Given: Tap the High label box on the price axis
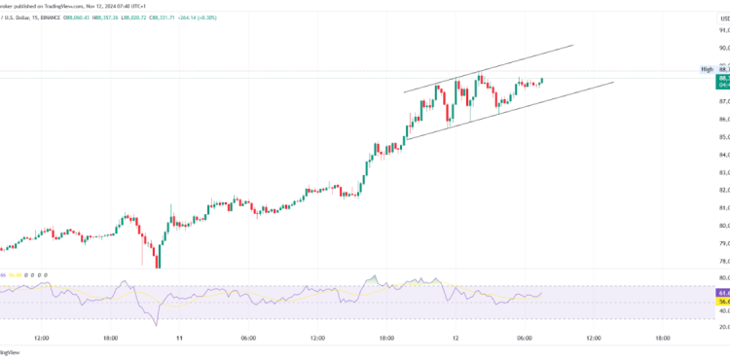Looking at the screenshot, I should coord(708,69).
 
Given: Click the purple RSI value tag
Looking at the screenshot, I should coord(723,292).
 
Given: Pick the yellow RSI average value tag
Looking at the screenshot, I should coord(723,302).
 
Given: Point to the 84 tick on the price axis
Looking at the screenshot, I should coord(723,155).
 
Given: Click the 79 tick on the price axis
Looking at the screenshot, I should coord(723,243).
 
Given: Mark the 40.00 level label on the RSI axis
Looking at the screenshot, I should coord(723,327).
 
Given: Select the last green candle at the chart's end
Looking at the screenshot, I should coord(541,81).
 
